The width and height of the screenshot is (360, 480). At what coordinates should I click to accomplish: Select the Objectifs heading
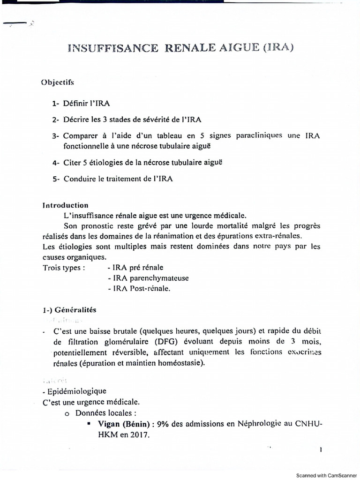click(58, 82)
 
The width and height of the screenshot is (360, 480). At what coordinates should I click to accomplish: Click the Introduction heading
click(65, 205)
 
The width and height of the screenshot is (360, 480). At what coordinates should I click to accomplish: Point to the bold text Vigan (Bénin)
click(126, 424)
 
